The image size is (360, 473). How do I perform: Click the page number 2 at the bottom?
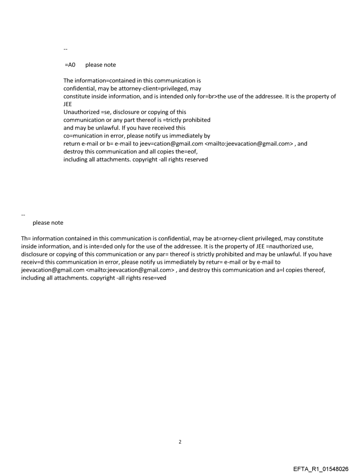tap(180, 442)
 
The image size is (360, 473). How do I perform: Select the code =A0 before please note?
tap(70, 65)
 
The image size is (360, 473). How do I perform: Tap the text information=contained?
tap(105, 81)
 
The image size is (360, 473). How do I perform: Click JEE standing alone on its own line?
tap(68, 104)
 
